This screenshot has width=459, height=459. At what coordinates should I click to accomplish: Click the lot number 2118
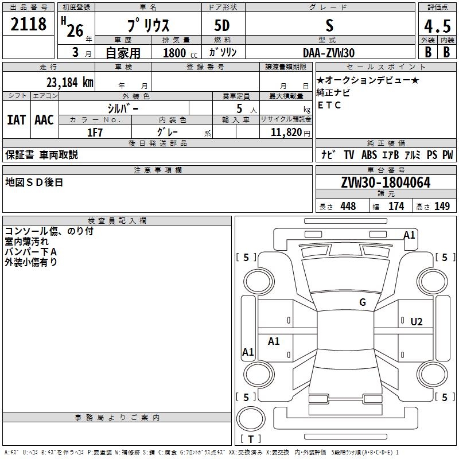coord(29,25)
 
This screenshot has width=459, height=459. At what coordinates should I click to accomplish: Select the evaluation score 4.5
coord(437,26)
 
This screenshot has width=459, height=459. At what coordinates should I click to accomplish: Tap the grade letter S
coord(329,25)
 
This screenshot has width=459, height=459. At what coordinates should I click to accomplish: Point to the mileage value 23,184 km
coord(69,82)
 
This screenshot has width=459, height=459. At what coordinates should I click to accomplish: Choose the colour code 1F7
coord(95,132)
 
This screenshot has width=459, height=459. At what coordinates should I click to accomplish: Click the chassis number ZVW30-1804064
coord(386,182)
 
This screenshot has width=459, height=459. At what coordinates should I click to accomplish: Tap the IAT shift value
coord(16,119)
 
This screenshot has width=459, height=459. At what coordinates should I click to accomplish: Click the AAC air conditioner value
coord(44,119)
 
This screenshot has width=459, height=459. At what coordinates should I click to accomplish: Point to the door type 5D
coord(223,26)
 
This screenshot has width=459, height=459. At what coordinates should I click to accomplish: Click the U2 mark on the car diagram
coord(417,321)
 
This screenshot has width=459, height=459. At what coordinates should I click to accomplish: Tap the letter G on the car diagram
coord(363,302)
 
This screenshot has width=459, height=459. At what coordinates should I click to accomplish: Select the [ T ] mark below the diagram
coord(251,439)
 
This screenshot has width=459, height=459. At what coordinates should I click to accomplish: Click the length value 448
coord(348,207)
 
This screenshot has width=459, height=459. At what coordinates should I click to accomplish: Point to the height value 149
coord(442,207)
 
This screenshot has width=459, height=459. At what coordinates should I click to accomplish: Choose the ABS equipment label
coord(369,154)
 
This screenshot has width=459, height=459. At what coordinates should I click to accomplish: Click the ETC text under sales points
coord(329,105)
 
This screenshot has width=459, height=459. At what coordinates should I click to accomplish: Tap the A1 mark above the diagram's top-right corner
coord(409,235)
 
